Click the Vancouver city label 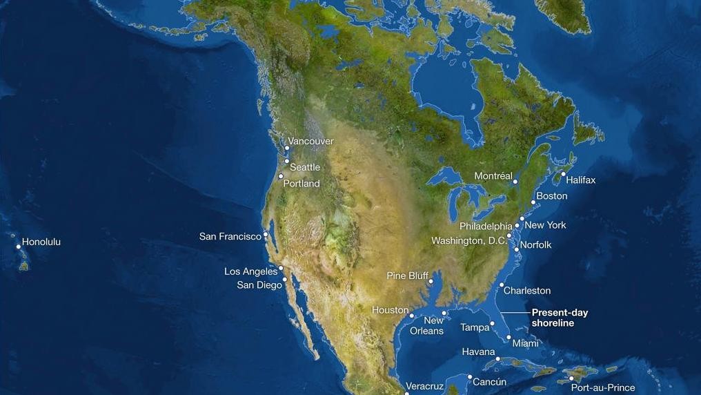[310, 142]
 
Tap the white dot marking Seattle [287, 161]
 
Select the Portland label [302, 184]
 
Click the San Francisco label [230, 236]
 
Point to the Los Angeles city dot [282, 269]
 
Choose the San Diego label [259, 285]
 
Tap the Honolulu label [41, 242]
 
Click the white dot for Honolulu [19, 247]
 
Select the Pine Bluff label [407, 276]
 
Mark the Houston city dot [412, 316]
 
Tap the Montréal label [493, 176]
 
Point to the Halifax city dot [563, 174]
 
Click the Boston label [552, 196]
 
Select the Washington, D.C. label [469, 241]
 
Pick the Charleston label [527, 291]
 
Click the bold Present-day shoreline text [560, 318]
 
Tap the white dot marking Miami [509, 338]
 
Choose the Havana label [478, 352]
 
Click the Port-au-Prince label [602, 388]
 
